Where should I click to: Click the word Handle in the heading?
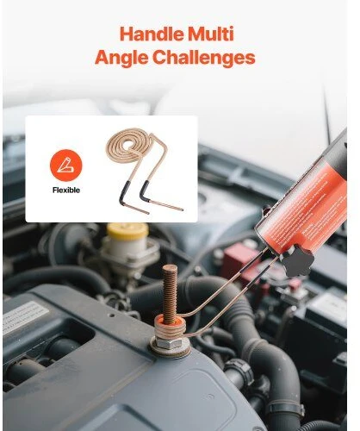152,34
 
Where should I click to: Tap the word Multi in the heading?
211,34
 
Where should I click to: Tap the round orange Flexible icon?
65,166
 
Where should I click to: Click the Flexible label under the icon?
66,191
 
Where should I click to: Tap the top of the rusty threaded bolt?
170,268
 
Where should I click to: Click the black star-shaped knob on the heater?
297,260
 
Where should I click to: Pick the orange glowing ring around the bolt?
170,319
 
